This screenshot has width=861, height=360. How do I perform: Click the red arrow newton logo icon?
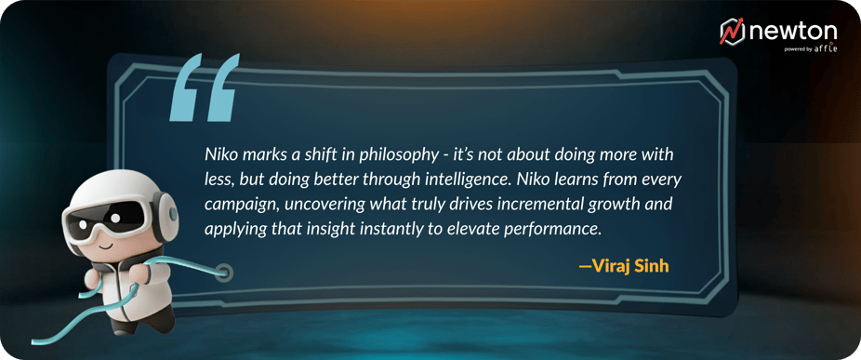click(732, 31)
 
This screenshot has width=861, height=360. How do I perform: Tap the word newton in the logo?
click(792, 32)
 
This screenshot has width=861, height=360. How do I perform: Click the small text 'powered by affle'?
click(811, 48)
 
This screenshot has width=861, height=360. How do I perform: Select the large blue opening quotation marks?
click(205, 87)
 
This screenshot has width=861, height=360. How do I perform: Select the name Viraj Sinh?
click(624, 267)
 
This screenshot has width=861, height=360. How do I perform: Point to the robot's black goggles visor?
click(107, 219)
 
